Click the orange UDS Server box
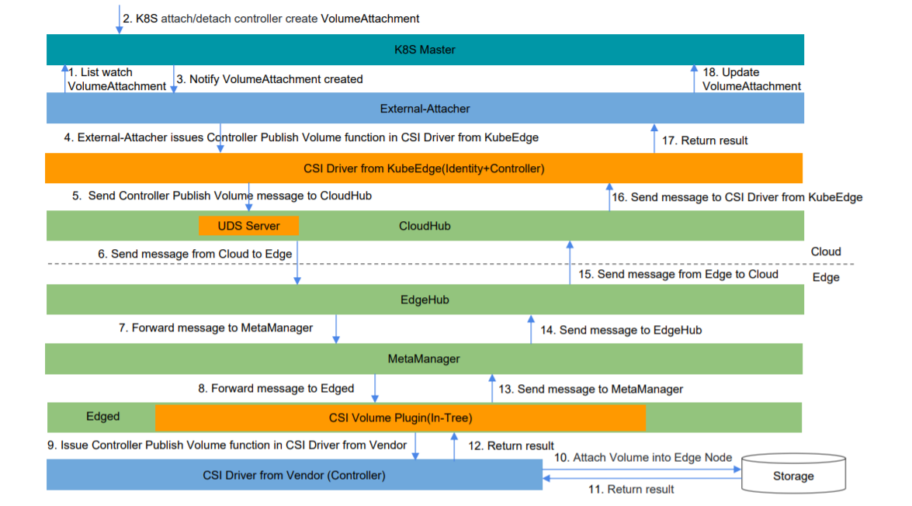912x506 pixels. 248,226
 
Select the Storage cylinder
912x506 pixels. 793,473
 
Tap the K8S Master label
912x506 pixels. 425,50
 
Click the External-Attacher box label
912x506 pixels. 425,109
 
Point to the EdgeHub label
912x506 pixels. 425,300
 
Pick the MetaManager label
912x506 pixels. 424,359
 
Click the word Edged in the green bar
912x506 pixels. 103,417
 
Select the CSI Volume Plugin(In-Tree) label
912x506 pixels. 401,418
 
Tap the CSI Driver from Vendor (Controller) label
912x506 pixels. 293,475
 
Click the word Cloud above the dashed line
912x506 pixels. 826,251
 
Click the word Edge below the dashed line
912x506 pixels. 826,277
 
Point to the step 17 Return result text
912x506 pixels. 704,140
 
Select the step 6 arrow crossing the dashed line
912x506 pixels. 297,263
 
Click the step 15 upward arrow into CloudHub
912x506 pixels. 570,263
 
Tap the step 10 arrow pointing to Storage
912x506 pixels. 642,469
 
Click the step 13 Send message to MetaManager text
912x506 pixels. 591,389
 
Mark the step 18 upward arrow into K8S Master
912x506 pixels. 694,78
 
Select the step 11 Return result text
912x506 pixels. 631,490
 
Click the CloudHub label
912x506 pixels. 425,227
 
